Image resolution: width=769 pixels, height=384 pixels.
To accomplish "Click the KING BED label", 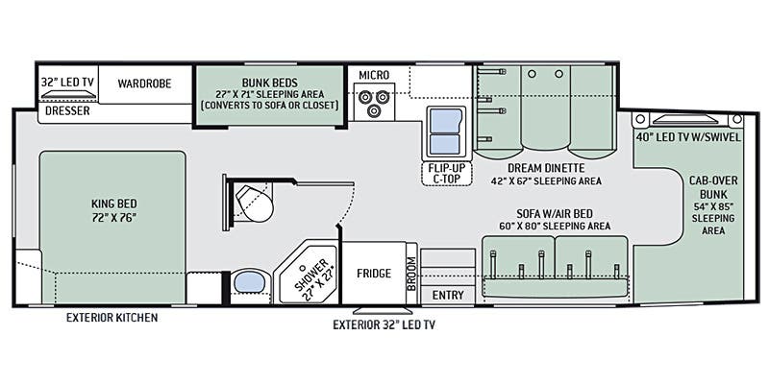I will (x=111, y=210).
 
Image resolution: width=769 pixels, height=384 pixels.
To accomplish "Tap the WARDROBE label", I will (x=144, y=84).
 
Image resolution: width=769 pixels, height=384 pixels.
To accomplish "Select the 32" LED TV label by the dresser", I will (x=67, y=84).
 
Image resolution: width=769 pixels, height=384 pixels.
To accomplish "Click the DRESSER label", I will (x=67, y=110).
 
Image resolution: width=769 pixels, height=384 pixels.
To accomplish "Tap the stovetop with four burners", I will (x=373, y=100).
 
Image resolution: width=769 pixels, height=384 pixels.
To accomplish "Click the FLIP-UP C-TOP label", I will (x=443, y=172).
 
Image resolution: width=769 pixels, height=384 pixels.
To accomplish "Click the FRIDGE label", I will (x=374, y=274).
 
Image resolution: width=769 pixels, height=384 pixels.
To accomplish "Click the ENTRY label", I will (x=448, y=294).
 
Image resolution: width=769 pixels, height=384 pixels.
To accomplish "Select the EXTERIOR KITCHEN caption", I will (x=112, y=318).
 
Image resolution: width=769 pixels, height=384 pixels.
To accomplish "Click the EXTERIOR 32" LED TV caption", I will (x=384, y=324).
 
